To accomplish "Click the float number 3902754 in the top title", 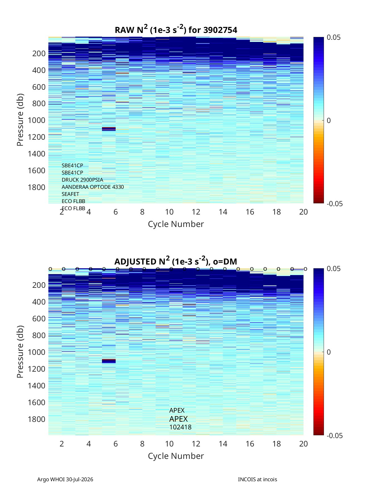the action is tap(220, 30).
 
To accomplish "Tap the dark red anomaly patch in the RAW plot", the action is tap(109, 128).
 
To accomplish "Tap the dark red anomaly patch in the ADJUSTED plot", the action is tap(109, 359).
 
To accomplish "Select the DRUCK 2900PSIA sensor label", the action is tap(82, 180).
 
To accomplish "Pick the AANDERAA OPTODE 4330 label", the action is tap(93, 187).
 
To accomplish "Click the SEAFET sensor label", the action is tap(70, 194).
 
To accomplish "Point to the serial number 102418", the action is tap(180, 427).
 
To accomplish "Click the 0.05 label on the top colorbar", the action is tap(334, 37).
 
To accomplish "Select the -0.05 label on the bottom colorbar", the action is tap(334, 436).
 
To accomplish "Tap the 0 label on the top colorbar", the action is tap(329, 120).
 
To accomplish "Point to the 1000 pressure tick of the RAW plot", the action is tap(37, 120).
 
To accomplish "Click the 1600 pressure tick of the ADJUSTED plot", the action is tap(37, 402).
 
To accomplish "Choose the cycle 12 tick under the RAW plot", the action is tap(196, 212).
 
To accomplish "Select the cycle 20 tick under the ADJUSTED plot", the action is tap(303, 444).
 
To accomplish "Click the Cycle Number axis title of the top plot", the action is tap(176, 224).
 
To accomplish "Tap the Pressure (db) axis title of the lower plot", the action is tap(20, 351).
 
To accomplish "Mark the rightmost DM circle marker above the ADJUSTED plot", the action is tap(306, 269).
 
